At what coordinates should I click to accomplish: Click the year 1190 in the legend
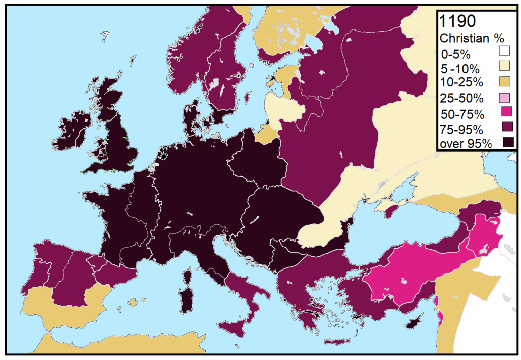(457, 21)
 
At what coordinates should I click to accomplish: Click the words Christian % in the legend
(468, 38)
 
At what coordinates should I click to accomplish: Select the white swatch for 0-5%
(504, 51)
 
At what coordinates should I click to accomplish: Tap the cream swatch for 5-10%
(504, 66)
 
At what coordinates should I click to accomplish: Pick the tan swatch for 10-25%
(504, 81)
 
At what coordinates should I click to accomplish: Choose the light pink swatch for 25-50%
(504, 96)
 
